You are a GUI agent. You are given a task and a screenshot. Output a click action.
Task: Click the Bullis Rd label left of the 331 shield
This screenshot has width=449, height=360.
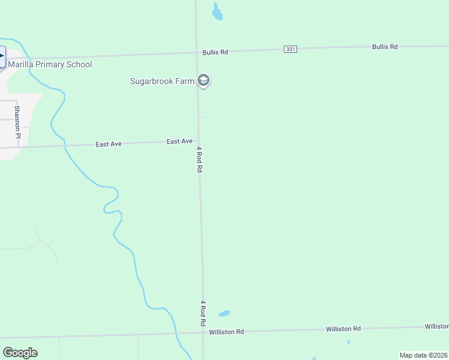[215, 52]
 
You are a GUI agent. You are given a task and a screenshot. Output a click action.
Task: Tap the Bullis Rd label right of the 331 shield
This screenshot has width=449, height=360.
[385, 46]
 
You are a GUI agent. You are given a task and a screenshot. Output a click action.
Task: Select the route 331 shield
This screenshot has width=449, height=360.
[291, 49]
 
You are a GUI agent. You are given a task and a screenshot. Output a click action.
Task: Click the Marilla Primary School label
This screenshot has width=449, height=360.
[50, 64]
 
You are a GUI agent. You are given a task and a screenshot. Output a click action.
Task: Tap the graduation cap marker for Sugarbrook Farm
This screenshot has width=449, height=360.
[203, 81]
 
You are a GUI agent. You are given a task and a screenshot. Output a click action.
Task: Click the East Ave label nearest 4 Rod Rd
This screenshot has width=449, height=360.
[179, 142]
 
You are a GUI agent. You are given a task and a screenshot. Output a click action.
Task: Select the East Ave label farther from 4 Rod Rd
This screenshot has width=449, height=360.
[109, 144]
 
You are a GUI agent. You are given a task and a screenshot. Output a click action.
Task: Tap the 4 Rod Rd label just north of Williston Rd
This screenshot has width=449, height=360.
[203, 313]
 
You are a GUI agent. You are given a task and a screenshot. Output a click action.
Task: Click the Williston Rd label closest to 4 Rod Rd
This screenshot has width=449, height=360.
[226, 332]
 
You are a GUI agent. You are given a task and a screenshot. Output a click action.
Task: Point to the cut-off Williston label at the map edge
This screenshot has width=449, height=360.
[436, 326]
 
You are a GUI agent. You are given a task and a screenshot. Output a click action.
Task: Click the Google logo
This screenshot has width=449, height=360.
[20, 352]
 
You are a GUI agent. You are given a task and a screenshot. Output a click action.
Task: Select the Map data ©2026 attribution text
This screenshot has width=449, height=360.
[423, 355]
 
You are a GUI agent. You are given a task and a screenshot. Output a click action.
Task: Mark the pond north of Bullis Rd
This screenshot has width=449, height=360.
[217, 11]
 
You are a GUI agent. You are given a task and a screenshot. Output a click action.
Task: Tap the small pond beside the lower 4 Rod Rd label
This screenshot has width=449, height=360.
[224, 313]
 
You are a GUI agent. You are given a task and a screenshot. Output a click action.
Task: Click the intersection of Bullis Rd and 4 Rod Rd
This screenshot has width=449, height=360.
[197, 52]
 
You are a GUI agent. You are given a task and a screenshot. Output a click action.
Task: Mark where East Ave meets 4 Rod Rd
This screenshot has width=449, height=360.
[199, 142]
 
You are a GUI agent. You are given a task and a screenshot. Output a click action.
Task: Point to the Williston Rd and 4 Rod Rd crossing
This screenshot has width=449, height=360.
[203, 332]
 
